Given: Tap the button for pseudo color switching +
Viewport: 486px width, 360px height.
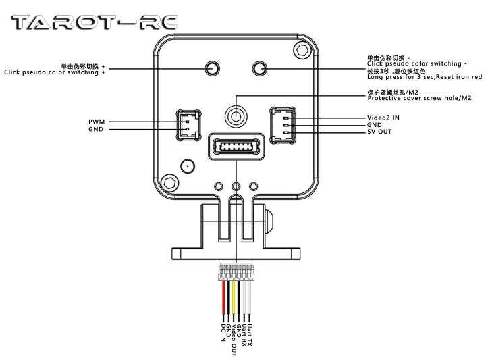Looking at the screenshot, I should click(212, 68).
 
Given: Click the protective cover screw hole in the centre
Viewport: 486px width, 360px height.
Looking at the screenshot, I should click(236, 116).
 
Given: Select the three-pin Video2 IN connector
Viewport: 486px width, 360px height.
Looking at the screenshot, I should click(281, 124).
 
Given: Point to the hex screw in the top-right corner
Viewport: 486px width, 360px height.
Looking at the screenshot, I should click(303, 49).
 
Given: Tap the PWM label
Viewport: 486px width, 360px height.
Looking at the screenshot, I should click(95, 122).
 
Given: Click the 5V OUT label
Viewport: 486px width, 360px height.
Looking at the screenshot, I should click(380, 132).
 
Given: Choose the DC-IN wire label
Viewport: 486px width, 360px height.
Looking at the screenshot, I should click(223, 332).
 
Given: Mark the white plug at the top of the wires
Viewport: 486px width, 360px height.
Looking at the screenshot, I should click(236, 272).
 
